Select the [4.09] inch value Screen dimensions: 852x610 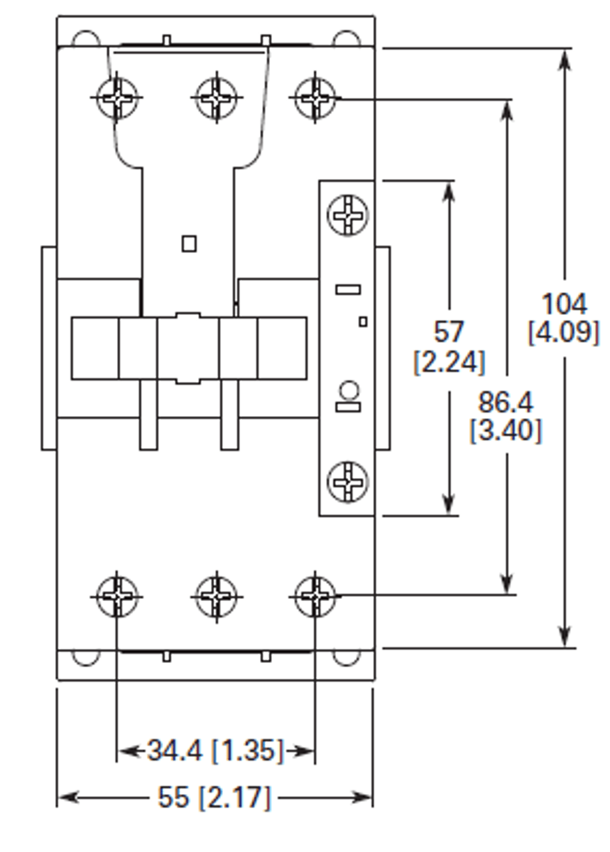[x=564, y=332]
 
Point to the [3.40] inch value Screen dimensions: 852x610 [x=506, y=431]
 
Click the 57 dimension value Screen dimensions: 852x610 [x=449, y=331]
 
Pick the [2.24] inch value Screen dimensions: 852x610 [x=449, y=362]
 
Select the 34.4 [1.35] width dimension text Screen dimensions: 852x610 [x=216, y=751]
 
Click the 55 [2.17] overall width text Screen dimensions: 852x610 [x=214, y=797]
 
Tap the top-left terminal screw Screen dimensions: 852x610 [x=117, y=98]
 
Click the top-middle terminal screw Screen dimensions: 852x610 [x=216, y=98]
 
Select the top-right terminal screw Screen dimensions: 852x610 [x=315, y=98]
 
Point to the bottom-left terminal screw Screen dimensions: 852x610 [x=117, y=595]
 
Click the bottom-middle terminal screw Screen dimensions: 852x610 [x=216, y=595]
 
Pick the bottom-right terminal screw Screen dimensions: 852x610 [x=315, y=595]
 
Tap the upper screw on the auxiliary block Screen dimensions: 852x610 [x=347, y=214]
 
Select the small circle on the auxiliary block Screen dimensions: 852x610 [x=347, y=388]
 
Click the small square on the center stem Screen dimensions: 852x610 [x=189, y=244]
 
